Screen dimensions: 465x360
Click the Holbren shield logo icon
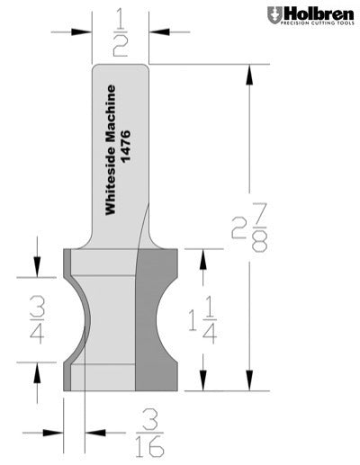pos(274,15)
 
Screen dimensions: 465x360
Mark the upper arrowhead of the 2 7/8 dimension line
pos(247,72)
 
